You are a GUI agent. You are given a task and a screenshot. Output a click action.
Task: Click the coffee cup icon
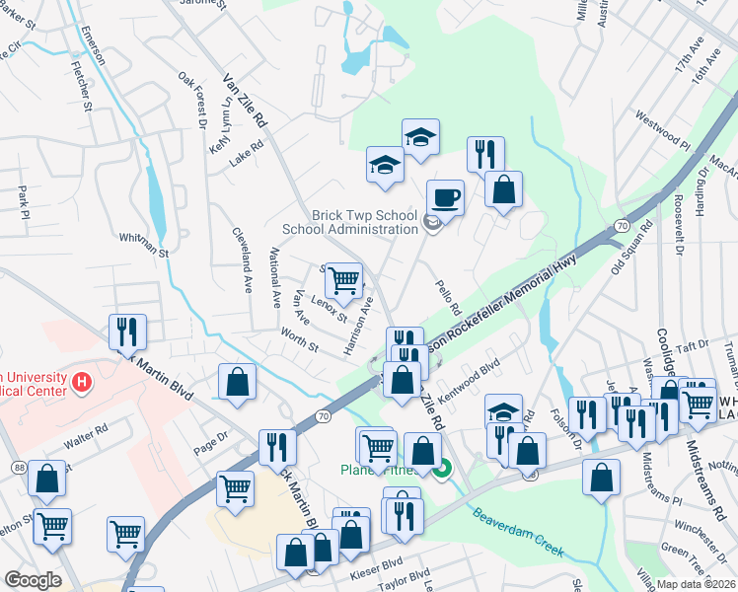click(x=445, y=196)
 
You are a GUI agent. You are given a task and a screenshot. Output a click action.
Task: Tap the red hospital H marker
click(x=84, y=380)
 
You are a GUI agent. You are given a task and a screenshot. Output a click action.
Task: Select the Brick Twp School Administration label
click(x=350, y=222)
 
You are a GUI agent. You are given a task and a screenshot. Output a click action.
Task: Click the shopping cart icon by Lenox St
click(x=343, y=280)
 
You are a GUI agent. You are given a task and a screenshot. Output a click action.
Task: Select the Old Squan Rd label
click(x=631, y=247)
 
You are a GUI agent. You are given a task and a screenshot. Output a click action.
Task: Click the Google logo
click(x=33, y=580)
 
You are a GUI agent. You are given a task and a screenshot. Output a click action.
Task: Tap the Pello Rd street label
click(x=449, y=298)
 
